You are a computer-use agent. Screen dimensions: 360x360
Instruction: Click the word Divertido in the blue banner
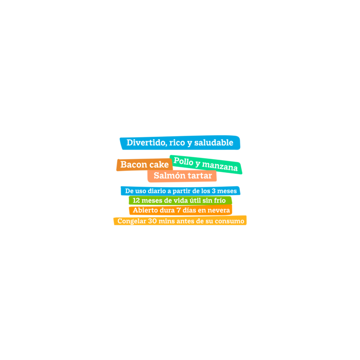[x=147, y=143]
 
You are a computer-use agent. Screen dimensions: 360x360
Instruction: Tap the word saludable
[x=214, y=143]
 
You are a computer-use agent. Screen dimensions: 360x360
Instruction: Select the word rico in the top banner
[x=177, y=143]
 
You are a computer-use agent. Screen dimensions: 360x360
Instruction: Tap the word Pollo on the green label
[x=184, y=161]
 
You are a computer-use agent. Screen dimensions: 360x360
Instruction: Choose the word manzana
[x=220, y=166]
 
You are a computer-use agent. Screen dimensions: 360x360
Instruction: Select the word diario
[x=157, y=191]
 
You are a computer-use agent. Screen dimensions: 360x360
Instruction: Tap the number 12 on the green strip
[x=136, y=200]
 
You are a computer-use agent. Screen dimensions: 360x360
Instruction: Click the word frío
[x=220, y=200]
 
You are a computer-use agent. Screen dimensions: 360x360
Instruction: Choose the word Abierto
[x=144, y=210]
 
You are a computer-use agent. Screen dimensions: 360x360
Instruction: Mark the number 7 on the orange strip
[x=178, y=210]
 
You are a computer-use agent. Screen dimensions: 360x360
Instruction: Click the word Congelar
[x=132, y=221]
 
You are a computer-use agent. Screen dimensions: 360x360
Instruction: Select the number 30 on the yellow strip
[x=152, y=221]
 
